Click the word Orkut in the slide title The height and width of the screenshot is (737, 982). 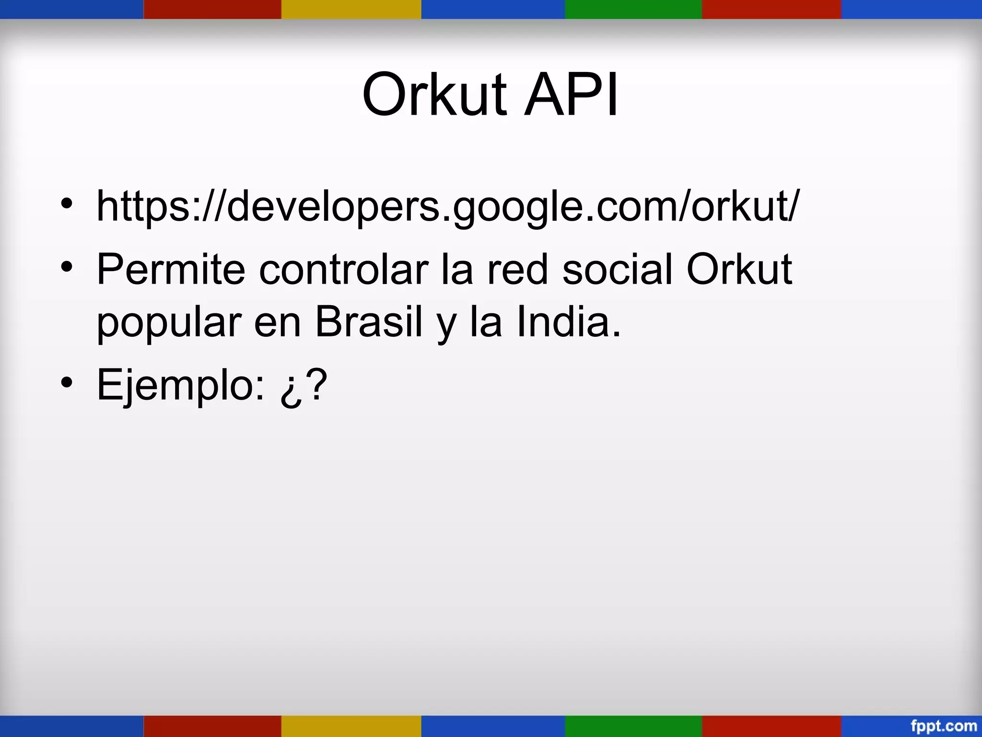(x=434, y=95)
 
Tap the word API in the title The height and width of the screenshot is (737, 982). (x=571, y=95)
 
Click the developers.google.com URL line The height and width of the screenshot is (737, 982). (x=448, y=206)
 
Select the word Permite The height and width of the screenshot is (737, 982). (x=171, y=270)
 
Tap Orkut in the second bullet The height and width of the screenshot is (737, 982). (x=739, y=270)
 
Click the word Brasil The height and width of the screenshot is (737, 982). (x=368, y=322)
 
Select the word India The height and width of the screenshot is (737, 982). (x=568, y=322)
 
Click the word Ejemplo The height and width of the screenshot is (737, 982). (x=180, y=385)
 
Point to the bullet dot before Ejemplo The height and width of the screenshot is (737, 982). (x=67, y=382)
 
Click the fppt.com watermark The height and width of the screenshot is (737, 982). (x=944, y=725)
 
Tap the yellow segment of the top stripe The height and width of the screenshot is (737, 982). (x=351, y=9)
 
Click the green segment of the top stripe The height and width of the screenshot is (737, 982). (x=633, y=9)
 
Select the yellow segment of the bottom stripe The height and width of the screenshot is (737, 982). (x=351, y=726)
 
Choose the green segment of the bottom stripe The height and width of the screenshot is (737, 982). (x=633, y=726)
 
